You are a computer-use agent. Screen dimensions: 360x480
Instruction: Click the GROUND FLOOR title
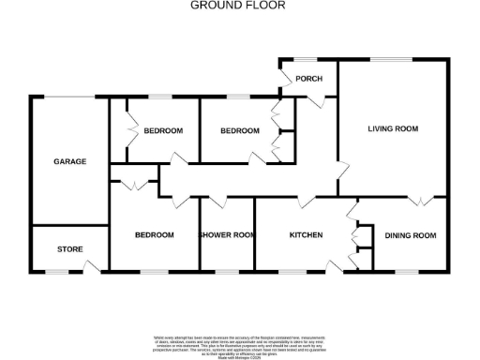coord(238,6)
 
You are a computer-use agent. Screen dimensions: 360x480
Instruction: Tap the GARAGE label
coord(69,161)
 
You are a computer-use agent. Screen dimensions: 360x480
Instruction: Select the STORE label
coord(70,249)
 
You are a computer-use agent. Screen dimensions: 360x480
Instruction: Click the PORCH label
coord(308,79)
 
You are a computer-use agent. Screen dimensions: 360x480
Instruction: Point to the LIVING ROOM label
coord(393,128)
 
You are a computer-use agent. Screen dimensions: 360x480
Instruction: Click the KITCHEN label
coord(307,234)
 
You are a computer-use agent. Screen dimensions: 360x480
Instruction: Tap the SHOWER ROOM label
coord(227,234)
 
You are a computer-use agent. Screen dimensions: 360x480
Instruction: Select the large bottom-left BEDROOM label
coord(154,234)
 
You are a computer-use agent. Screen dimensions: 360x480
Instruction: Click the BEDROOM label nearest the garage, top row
coord(163,131)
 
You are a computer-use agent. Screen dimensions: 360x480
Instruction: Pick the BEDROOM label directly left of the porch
coord(239,131)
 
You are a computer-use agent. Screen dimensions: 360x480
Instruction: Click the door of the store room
coord(91,267)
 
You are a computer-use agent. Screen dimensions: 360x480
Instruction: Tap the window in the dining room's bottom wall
coord(405,272)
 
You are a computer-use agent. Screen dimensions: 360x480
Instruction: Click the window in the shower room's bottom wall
coord(227,272)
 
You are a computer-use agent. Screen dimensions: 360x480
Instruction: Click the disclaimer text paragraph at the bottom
coord(240,342)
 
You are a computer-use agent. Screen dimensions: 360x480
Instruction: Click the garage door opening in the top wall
coord(70,97)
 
